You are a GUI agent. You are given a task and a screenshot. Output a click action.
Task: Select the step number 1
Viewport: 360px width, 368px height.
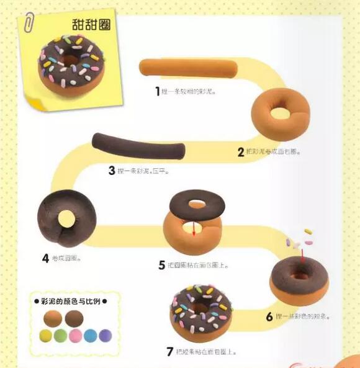pos(158,91)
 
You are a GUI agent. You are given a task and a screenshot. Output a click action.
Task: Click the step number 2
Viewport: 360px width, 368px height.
pos(241,151)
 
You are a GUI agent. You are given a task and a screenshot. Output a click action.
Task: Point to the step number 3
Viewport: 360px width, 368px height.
pos(112,170)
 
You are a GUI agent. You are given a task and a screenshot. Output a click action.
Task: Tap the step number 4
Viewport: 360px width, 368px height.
pos(45,258)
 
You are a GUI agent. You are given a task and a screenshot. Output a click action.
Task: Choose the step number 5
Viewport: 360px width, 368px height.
pos(162,265)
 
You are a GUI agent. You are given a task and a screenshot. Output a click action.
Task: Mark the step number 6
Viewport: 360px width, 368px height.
pos(270,316)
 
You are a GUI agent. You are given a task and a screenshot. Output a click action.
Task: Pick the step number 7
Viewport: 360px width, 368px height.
pos(169,351)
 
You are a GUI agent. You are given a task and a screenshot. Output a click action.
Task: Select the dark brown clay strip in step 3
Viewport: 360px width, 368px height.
pos(138,146)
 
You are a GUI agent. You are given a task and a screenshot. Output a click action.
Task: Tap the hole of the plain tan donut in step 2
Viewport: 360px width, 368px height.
pos(280,114)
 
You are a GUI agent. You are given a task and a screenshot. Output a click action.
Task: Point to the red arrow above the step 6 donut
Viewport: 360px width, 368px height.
pos(302,254)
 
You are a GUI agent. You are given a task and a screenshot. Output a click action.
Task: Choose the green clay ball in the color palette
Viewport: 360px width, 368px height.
pos(60,336)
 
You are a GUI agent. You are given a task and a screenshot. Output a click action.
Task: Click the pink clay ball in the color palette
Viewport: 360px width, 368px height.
pos(76,336)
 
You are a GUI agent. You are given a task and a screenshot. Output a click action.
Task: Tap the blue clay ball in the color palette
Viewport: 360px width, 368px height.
pos(91,336)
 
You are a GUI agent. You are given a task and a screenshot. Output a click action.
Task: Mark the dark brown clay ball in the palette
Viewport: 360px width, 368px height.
pos(74,319)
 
